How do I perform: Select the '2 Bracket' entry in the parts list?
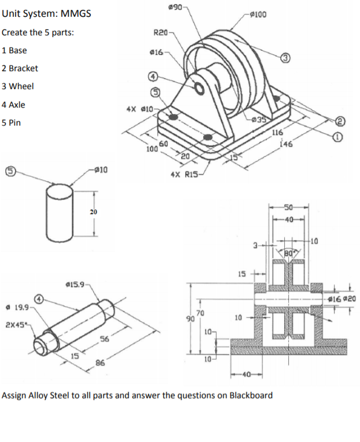tap(20, 68)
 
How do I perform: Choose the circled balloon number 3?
tap(285, 56)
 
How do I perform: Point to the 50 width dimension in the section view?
tap(289, 207)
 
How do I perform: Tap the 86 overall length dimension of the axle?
tap(100, 363)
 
